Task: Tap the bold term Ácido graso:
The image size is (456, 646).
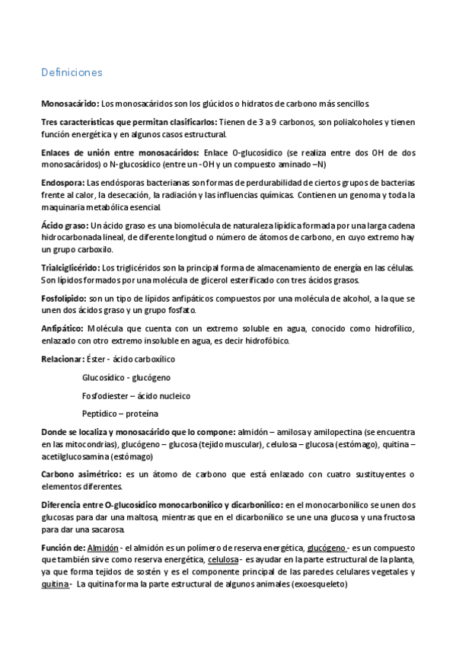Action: [65, 227]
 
